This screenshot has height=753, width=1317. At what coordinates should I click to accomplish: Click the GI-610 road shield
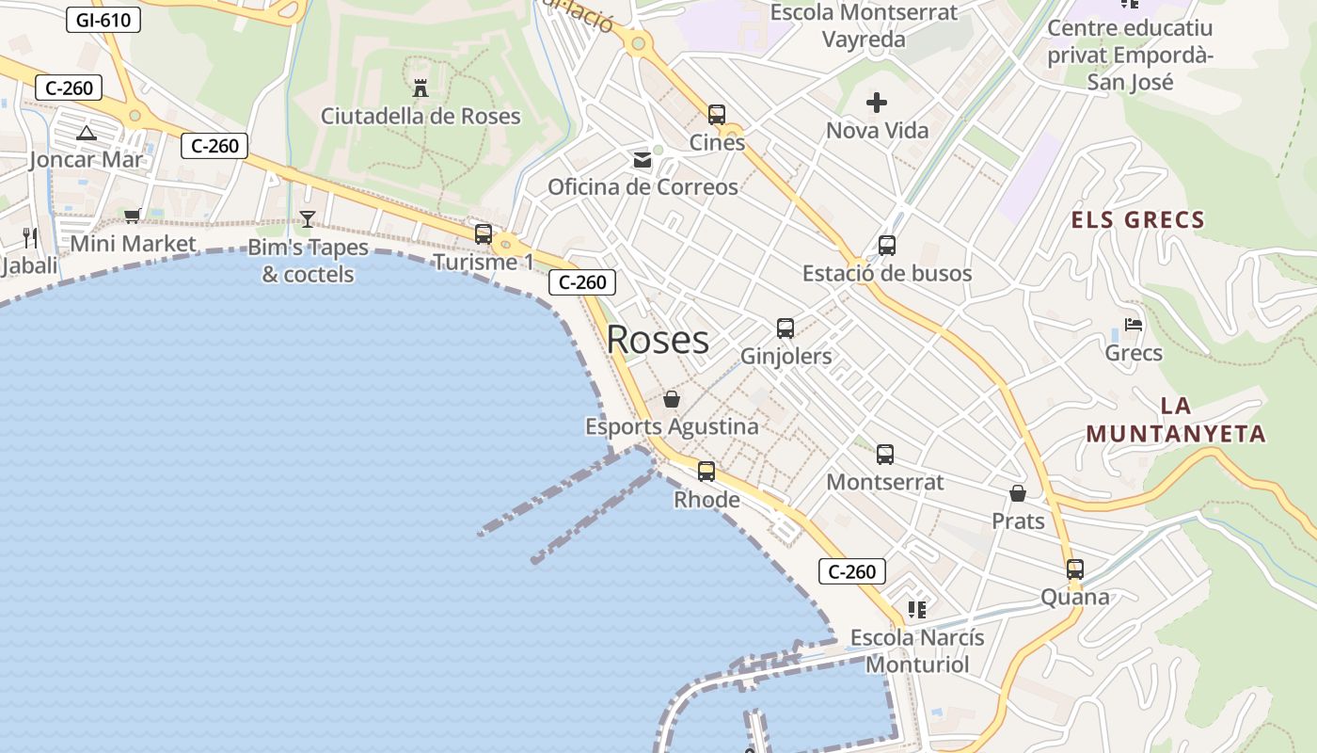click(x=103, y=20)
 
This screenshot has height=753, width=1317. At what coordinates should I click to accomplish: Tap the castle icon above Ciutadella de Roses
click(x=420, y=88)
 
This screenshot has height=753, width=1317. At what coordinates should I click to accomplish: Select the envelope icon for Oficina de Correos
click(x=643, y=159)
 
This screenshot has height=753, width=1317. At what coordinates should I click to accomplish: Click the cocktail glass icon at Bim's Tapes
click(x=307, y=219)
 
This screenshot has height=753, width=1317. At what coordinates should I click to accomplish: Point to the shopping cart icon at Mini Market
click(x=133, y=216)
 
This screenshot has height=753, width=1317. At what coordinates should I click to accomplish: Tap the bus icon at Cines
click(x=717, y=115)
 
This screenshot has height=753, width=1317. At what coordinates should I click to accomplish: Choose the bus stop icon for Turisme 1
click(x=484, y=233)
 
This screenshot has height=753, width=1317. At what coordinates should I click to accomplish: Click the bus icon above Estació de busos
click(x=887, y=246)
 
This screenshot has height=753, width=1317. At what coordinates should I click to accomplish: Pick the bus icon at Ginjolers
click(x=785, y=328)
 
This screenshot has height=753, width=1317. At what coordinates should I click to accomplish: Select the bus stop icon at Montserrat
click(x=885, y=455)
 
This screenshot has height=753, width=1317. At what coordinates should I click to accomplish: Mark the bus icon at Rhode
click(x=706, y=472)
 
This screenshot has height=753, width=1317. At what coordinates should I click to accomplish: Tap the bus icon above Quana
click(x=1075, y=569)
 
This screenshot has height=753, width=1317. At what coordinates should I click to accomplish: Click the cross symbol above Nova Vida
click(x=877, y=103)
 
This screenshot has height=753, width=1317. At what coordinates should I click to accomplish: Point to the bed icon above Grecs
click(x=1134, y=325)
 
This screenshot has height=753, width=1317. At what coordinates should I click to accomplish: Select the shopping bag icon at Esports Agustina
click(x=672, y=399)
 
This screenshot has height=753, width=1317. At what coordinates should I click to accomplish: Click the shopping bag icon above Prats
click(x=1018, y=493)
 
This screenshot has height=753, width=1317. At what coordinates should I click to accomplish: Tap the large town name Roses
click(x=658, y=340)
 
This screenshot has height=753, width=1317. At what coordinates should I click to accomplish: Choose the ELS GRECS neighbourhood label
click(x=1138, y=220)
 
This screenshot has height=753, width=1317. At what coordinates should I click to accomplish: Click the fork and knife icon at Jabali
click(x=30, y=237)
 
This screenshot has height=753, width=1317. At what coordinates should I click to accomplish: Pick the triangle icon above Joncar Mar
click(x=87, y=133)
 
